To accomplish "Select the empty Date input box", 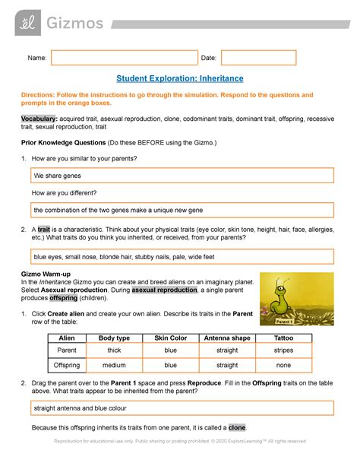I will (258, 59).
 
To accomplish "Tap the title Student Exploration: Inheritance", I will (180, 78).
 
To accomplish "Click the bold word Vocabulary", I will (38, 120).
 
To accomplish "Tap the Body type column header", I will (115, 337).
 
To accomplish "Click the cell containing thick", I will (115, 350).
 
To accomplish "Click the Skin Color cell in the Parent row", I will (170, 350).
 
